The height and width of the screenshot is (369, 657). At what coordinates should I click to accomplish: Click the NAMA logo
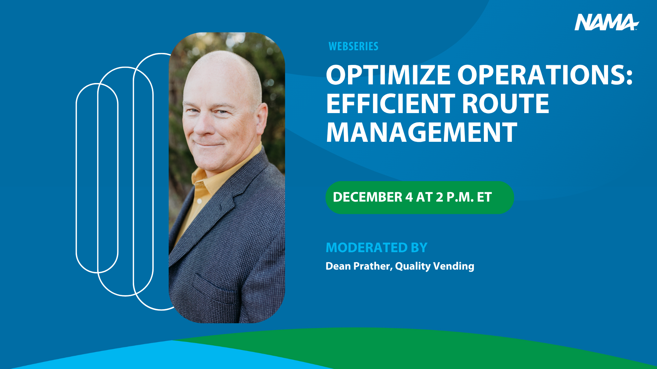(606, 22)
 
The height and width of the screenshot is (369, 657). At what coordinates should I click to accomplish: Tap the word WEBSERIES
(353, 46)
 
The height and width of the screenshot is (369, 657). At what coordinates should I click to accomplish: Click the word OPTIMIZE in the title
(388, 75)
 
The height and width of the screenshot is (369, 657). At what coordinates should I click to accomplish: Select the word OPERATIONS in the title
(542, 75)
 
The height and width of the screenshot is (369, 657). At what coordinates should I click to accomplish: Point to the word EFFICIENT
(390, 104)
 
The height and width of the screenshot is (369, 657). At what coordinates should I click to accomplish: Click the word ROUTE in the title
(505, 104)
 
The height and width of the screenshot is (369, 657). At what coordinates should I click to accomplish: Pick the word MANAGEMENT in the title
(421, 133)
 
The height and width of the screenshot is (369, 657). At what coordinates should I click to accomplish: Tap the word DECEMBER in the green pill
(368, 197)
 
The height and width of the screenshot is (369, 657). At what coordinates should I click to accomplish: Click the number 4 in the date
(409, 197)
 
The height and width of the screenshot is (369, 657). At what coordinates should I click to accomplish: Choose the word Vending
(454, 266)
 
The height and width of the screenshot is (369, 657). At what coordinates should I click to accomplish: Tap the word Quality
(413, 266)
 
